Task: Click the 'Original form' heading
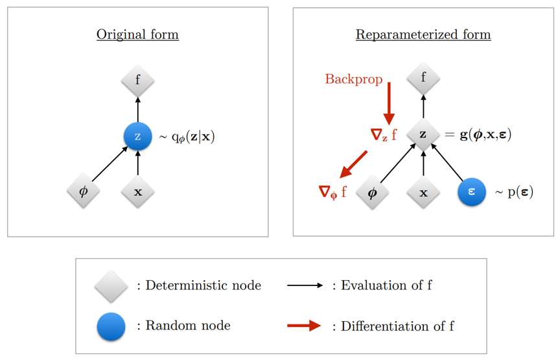tap(137, 34)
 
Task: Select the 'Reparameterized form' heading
tap(423, 34)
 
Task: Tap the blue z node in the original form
tap(137, 136)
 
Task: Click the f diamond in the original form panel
tap(137, 81)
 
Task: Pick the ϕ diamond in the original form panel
tap(83, 191)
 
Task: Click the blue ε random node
tap(471, 192)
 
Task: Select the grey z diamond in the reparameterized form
tap(423, 134)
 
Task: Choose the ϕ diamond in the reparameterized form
tap(372, 192)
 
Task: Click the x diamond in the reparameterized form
tap(423, 192)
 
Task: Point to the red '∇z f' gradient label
tap(383, 135)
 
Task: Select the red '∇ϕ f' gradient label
tap(332, 192)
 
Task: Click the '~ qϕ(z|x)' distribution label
tap(187, 137)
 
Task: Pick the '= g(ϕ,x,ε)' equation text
tap(478, 135)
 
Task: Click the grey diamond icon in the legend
tap(111, 286)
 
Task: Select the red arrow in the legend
tap(304, 326)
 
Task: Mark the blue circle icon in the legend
tap(111, 326)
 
